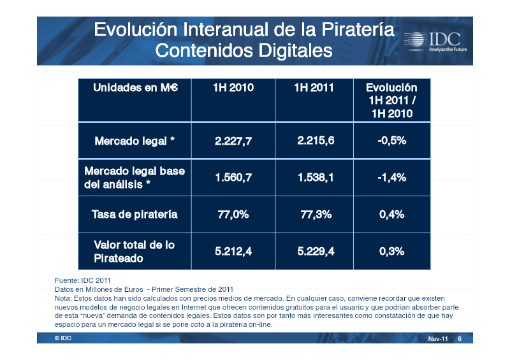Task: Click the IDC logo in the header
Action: [435, 41]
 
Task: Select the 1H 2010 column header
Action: [233, 87]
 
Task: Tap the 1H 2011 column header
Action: [314, 87]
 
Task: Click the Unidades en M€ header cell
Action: [135, 87]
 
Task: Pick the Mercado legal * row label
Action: [135, 141]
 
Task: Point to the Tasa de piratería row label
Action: [135, 214]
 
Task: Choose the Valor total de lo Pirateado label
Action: [134, 252]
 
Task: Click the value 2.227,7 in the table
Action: [233, 141]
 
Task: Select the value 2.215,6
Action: [316, 140]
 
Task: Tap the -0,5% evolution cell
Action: [392, 140]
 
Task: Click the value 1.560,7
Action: [233, 178]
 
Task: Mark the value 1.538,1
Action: [316, 178]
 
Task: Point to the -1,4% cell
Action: [392, 178]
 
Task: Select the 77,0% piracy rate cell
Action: [233, 214]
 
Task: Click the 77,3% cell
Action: [316, 214]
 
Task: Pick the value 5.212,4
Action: [233, 251]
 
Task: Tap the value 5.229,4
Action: [316, 251]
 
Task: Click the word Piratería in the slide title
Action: [358, 29]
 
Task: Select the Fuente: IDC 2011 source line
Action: [83, 280]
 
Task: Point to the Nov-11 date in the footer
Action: [438, 338]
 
